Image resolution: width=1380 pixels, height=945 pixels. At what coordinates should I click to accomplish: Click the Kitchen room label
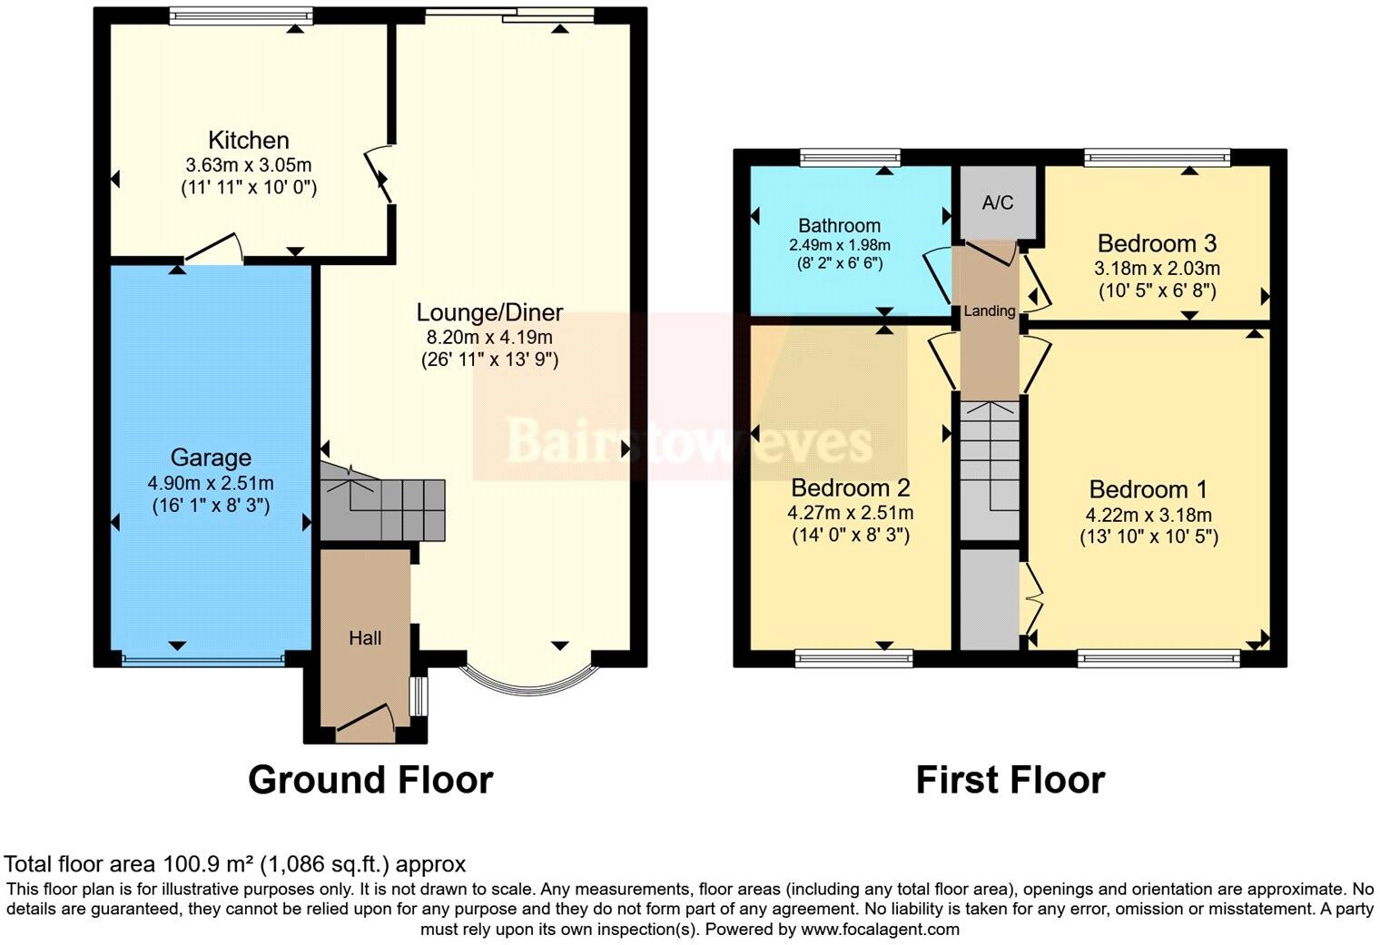pyautogui.click(x=249, y=141)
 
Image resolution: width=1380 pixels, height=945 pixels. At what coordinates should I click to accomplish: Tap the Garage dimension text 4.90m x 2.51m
pyautogui.click(x=211, y=483)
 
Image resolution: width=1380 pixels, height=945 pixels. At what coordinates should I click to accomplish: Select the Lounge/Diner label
pyautogui.click(x=489, y=313)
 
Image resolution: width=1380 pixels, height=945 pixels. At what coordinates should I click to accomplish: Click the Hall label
pyautogui.click(x=365, y=638)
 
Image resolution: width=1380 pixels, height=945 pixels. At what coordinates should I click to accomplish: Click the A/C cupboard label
pyautogui.click(x=997, y=202)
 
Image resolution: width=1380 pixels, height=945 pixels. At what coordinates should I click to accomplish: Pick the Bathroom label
pyautogui.click(x=839, y=225)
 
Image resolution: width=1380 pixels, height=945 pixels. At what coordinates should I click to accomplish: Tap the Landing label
pyautogui.click(x=989, y=311)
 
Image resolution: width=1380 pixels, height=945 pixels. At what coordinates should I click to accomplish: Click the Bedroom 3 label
pyautogui.click(x=1157, y=243)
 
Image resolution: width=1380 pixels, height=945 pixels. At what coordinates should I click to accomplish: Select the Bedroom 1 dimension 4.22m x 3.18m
pyautogui.click(x=1148, y=516)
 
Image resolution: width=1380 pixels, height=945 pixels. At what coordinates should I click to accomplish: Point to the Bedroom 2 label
pyautogui.click(x=850, y=487)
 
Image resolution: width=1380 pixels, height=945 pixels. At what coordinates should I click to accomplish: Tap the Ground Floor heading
pyautogui.click(x=370, y=780)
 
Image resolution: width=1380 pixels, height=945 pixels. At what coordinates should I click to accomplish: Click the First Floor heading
pyautogui.click(x=1010, y=780)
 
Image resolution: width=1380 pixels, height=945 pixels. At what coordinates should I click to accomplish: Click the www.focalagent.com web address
pyautogui.click(x=880, y=929)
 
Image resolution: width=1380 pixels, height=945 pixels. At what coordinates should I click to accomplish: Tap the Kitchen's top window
pyautogui.click(x=241, y=15)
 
